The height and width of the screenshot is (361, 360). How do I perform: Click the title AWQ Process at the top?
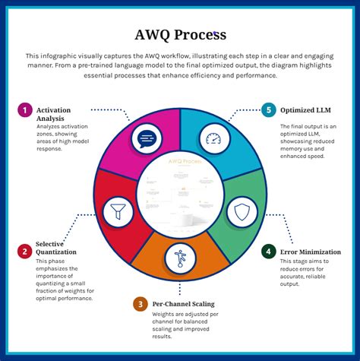(x=180, y=35)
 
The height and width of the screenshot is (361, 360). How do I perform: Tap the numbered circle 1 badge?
(x=25, y=111)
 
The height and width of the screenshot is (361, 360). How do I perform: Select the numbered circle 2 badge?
(x=25, y=251)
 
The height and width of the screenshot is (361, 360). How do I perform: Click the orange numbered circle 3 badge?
(x=139, y=304)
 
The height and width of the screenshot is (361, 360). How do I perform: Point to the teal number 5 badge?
(x=267, y=110)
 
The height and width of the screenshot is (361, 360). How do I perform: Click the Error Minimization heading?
(x=311, y=252)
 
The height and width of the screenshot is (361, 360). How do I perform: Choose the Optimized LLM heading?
(x=305, y=110)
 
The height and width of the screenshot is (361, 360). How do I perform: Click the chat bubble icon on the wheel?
(x=147, y=139)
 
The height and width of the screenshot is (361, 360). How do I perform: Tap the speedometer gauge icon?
(x=213, y=139)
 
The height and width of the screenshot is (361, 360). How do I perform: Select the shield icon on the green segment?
(x=242, y=212)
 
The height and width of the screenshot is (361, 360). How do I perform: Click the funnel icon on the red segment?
(x=118, y=212)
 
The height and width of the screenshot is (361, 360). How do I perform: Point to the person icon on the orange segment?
(x=180, y=258)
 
